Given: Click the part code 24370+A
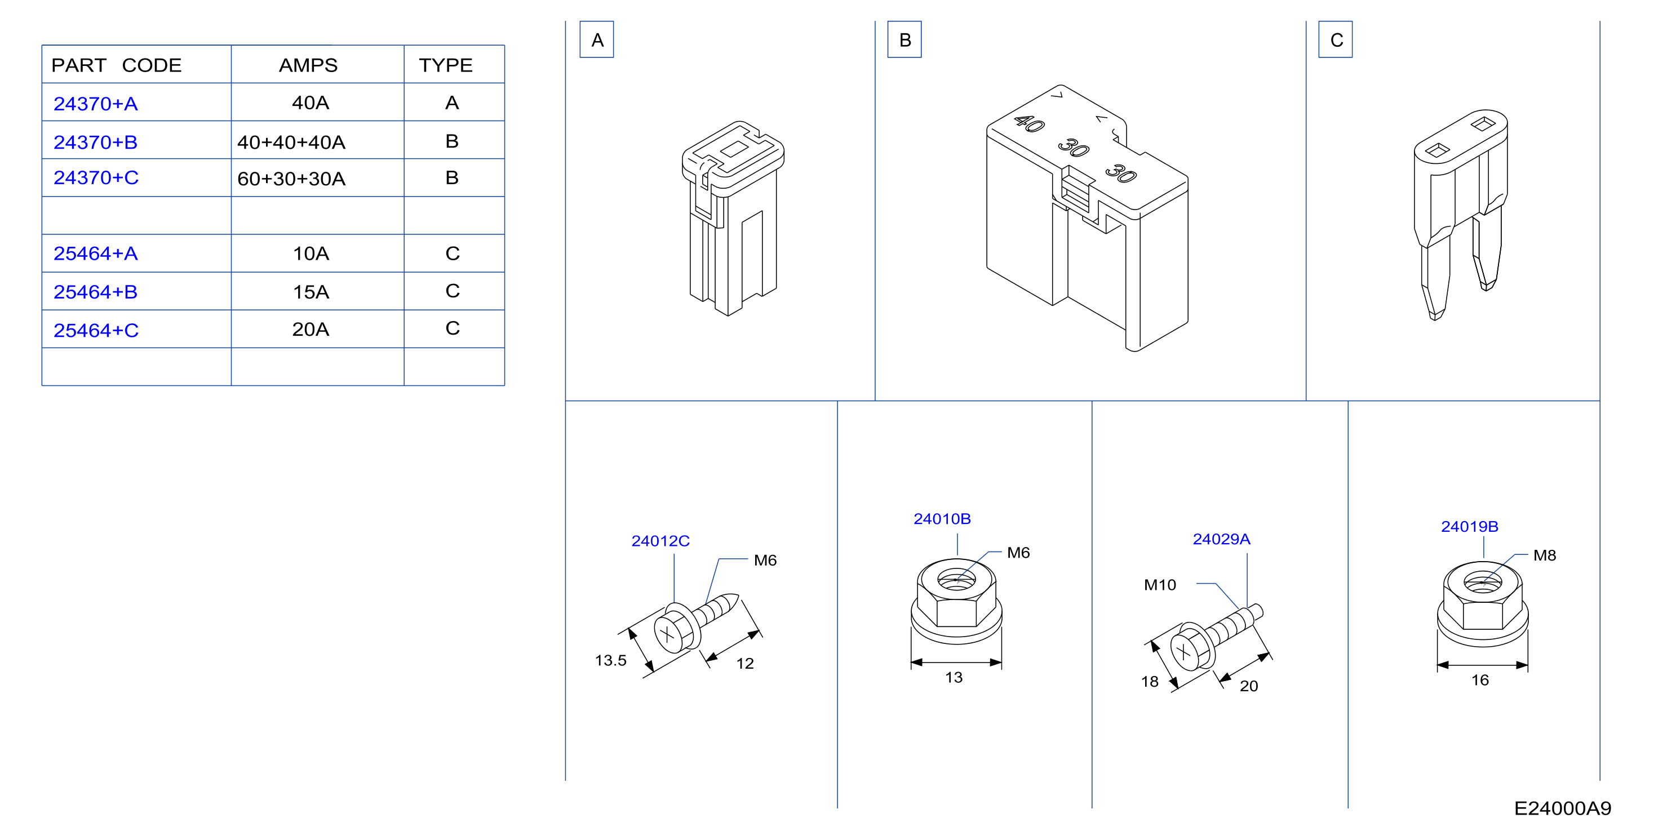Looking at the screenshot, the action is tap(95, 104).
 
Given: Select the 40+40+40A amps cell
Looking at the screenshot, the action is tap(291, 142).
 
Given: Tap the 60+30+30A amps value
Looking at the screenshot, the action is tap(291, 178).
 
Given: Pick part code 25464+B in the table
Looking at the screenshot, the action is tap(95, 291).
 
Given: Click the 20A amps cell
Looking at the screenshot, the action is tap(311, 329).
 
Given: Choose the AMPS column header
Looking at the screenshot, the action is tap(308, 65).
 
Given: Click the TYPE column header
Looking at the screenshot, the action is tap(445, 65).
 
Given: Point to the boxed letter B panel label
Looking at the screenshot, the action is tap(904, 39).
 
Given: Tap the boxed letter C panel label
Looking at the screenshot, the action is tap(1336, 39).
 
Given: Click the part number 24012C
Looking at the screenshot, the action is tap(660, 541).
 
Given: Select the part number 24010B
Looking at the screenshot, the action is tap(942, 518).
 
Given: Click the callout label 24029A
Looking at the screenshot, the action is tap(1221, 539).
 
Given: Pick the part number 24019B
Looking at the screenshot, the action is tap(1469, 526).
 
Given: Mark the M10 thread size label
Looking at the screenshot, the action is tap(1160, 585).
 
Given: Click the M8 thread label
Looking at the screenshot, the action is tap(1545, 555).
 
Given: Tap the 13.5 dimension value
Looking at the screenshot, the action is tap(610, 660).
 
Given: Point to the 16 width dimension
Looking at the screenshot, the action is tap(1480, 680).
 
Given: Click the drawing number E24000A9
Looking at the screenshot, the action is tap(1563, 808).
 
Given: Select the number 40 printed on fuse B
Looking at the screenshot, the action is tap(1029, 123).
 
